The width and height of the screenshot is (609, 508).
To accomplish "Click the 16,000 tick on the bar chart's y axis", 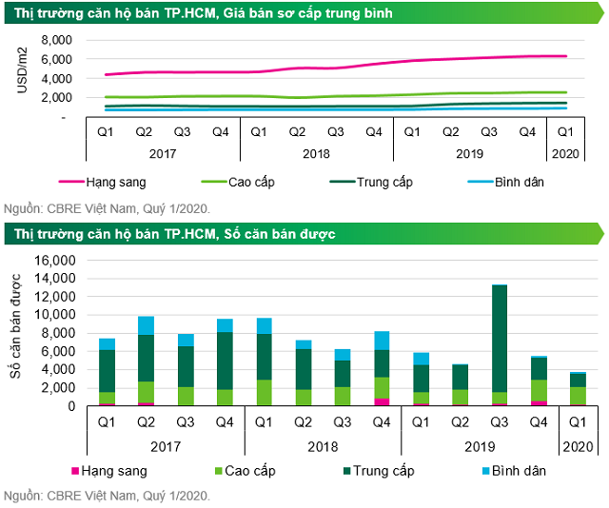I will coord(52,261).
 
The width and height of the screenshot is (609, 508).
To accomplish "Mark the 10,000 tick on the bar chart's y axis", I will coord(52,315).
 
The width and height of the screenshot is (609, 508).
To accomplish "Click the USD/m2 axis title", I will coord(22,77).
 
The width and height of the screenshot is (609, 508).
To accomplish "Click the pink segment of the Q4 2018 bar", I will coord(381,401).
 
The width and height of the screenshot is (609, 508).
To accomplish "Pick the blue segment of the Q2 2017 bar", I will coord(146,325).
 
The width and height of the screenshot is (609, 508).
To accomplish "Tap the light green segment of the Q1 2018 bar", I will coord(264,392).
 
